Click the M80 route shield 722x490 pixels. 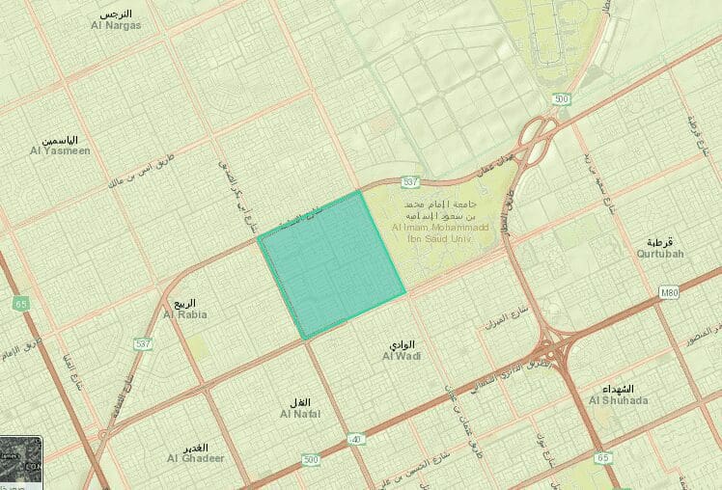[672, 292]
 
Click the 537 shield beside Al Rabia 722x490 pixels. [144, 342]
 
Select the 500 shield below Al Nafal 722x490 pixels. [310, 460]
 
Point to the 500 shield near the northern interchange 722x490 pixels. [560, 98]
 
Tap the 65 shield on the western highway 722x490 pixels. [20, 304]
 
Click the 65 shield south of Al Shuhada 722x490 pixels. [603, 457]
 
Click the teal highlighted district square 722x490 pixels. [331, 264]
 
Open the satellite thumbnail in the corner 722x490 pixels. [20, 461]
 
